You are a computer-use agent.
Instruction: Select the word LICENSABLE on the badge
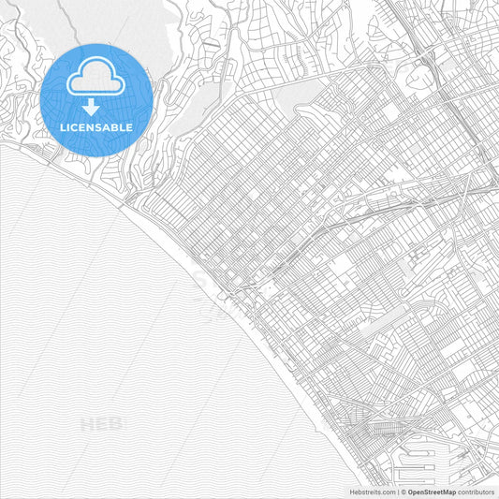(95, 127)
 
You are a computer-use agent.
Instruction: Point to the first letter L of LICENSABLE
(62, 127)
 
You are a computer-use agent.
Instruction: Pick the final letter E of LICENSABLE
(129, 127)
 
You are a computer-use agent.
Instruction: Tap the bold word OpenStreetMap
(432, 492)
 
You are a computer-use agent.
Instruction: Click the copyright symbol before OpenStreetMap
(404, 492)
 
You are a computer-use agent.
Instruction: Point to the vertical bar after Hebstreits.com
(398, 492)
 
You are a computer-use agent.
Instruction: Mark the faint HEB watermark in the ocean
(101, 424)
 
